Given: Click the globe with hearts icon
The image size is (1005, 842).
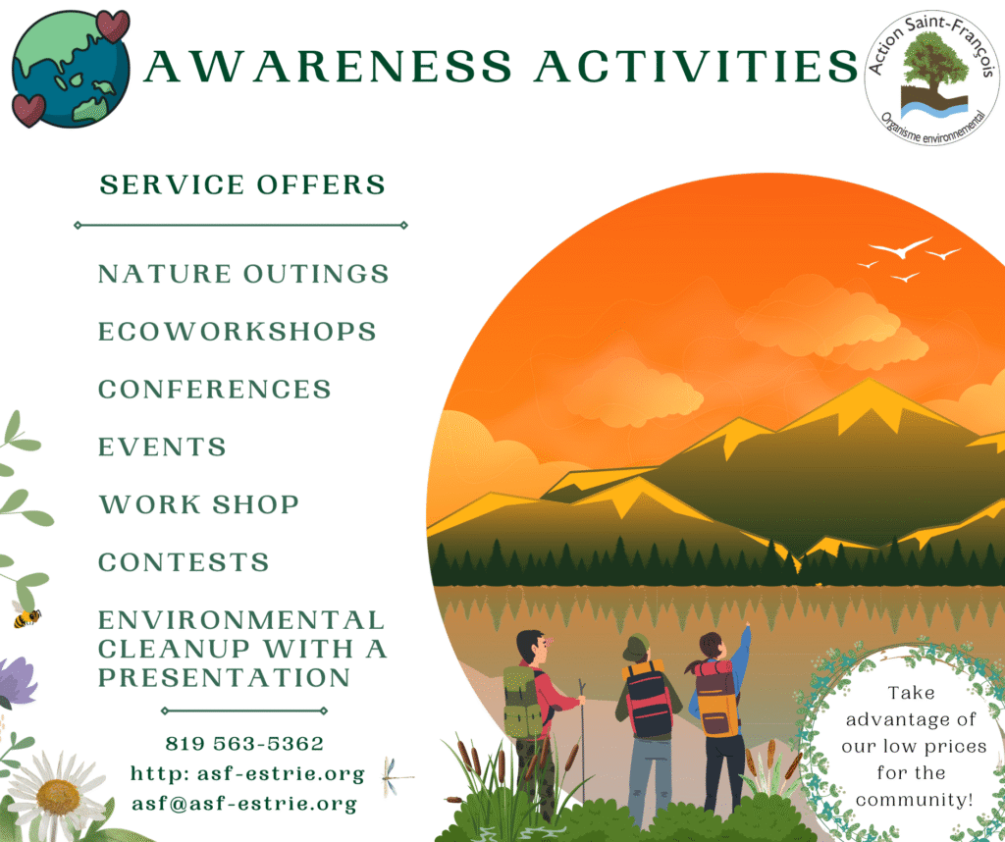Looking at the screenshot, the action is (x=71, y=69).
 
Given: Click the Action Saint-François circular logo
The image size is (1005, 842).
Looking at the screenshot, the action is (x=931, y=78).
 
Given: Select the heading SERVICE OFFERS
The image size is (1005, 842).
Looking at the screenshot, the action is (x=242, y=184).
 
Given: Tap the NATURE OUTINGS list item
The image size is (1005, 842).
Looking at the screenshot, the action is (x=243, y=274).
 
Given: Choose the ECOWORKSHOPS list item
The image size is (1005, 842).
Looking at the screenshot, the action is (x=238, y=332).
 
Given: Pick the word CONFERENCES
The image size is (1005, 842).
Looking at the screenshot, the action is (x=215, y=389).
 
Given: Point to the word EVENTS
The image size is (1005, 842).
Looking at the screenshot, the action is (x=162, y=447).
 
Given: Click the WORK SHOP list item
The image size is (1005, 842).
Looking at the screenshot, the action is (x=198, y=504).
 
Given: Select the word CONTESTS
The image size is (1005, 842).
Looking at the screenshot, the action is (x=184, y=562).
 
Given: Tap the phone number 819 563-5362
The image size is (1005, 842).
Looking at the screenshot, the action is (x=244, y=743).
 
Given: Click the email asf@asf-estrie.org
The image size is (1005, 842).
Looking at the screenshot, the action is (x=244, y=804).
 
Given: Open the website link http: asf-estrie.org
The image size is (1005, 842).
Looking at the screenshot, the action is (x=247, y=774).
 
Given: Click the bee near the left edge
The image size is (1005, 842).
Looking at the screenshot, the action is (x=26, y=616).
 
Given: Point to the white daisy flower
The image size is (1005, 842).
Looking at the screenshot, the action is (x=58, y=795).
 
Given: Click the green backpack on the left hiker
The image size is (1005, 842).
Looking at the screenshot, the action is (x=522, y=702).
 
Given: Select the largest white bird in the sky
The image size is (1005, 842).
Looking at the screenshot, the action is (x=900, y=248).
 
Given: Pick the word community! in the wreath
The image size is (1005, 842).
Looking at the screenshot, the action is (x=914, y=800).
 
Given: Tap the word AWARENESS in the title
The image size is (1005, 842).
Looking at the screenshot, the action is (x=328, y=67).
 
